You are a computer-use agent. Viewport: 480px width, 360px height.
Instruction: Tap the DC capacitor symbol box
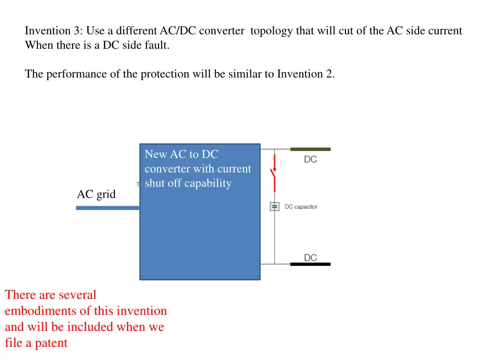(x=274, y=206)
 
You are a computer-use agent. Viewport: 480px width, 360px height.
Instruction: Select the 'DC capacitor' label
(x=301, y=207)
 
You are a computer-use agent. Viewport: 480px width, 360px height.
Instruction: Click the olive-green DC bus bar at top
(x=310, y=149)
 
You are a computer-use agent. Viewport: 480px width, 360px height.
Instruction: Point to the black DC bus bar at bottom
(x=310, y=264)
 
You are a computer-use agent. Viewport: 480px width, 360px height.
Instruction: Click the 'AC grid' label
(x=96, y=194)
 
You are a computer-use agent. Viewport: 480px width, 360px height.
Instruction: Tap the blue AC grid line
(x=108, y=208)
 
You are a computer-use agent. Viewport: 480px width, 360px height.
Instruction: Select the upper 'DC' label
(x=310, y=159)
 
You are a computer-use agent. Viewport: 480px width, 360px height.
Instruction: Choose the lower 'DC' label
(x=310, y=258)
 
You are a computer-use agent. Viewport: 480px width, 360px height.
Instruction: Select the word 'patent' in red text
(x=52, y=343)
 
